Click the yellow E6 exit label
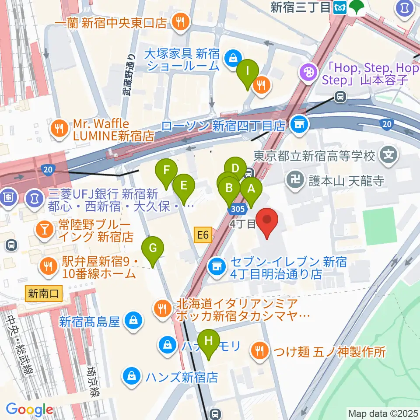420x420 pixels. [x=203, y=236]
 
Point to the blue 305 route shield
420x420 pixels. [x=236, y=210]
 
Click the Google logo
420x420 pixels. [x=29, y=409]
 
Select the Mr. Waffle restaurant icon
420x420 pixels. [x=58, y=128]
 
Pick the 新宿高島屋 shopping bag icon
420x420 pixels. [x=131, y=322]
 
